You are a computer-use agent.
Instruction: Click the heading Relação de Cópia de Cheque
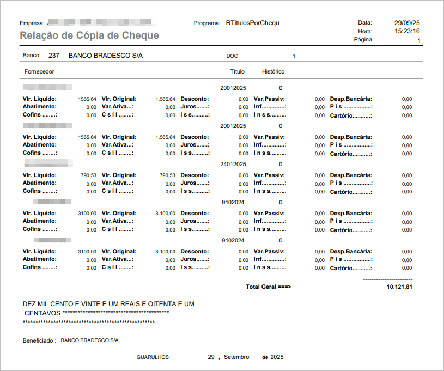tap(89, 35)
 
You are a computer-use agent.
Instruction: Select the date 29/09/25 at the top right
tap(407, 23)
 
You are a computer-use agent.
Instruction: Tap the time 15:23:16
tap(407, 31)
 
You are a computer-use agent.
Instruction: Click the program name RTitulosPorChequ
tap(252, 23)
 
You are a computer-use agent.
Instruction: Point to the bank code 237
tap(54, 56)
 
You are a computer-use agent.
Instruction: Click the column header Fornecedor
tap(39, 71)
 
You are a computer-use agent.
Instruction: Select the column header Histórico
tap(273, 71)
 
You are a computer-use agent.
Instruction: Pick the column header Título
tap(237, 71)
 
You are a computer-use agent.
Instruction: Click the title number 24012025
tap(233, 164)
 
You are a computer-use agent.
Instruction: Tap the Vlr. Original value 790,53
tap(167, 175)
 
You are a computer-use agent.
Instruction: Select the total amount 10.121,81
tap(399, 287)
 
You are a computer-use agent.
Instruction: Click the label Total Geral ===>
tap(269, 287)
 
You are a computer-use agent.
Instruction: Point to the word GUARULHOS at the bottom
tap(153, 357)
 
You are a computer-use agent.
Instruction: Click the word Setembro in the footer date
tap(236, 357)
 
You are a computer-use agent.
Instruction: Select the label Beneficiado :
tap(39, 340)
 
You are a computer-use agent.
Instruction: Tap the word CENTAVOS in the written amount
tap(42, 313)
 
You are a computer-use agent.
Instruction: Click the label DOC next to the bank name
tap(232, 56)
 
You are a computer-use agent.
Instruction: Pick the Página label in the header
tap(363, 40)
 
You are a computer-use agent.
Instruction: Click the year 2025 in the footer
tap(277, 357)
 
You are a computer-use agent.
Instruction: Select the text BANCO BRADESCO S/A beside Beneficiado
tap(89, 340)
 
